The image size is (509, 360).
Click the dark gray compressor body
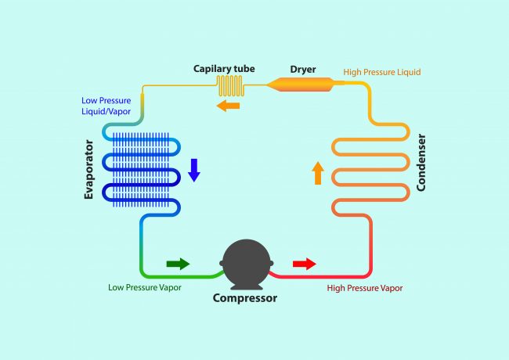coord(247,264)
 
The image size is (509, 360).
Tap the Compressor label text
coord(245,298)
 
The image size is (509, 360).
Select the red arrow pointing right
coord(305,264)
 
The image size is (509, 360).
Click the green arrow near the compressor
coord(178,264)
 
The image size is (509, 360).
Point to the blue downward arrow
coord(194,171)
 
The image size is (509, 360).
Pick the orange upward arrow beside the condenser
coord(318,173)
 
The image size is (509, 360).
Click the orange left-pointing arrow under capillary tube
coord(228,106)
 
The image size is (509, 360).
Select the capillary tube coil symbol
coord(230,86)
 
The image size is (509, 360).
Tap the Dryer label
coord(303,70)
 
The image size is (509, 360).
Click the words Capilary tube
coord(224,69)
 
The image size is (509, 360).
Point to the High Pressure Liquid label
coord(382,72)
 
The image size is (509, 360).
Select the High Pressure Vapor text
coord(365,288)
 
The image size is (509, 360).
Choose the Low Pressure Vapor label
coord(145,287)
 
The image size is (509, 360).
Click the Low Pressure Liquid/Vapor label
coord(106,106)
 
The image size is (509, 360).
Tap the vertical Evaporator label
coord(88,170)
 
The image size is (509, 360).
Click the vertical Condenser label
coord(421,163)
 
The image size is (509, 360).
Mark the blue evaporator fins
coord(140,170)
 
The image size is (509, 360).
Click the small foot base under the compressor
coord(247,286)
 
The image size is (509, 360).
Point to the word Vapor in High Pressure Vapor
coord(391,288)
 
